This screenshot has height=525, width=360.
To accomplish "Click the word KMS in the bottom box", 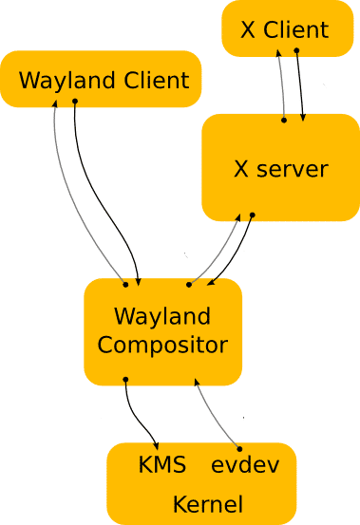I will coord(161,466).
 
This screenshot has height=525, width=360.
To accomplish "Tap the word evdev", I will coord(241,466).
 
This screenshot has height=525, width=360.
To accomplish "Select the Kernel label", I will coord(207,503).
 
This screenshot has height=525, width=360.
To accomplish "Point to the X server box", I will coord(279,169).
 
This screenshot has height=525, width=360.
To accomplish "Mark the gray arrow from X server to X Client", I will coord(282,85).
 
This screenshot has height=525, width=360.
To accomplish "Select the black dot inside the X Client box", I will coord(296,49).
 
